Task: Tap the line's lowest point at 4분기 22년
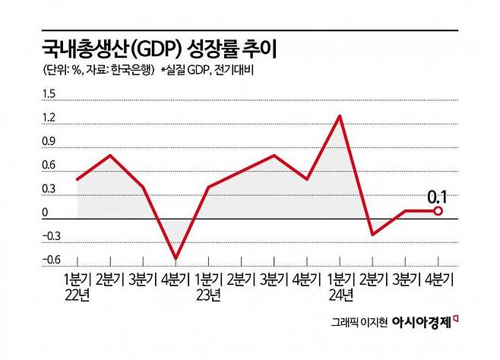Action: pyautogui.click(x=176, y=258)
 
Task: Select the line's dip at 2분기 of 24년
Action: pyautogui.click(x=372, y=234)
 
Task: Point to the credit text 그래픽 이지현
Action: pyautogui.click(x=360, y=323)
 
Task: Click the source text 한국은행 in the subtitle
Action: pyautogui.click(x=133, y=71)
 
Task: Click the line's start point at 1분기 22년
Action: pyautogui.click(x=78, y=179)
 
